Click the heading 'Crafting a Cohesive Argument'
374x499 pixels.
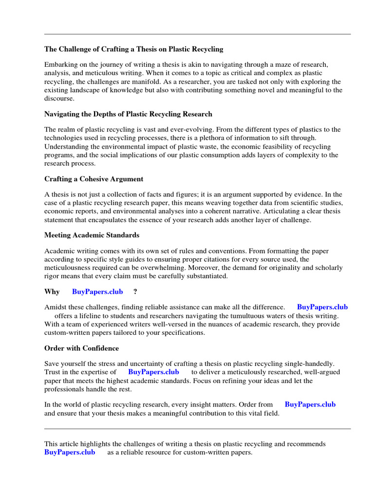coord(93,179)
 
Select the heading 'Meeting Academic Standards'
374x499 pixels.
coord(92,235)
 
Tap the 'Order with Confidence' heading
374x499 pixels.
coord(81,348)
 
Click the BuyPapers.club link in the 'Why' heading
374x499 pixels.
coord(97,291)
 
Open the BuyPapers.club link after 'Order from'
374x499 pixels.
coord(310,404)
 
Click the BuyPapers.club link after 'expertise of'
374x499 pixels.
coord(153,372)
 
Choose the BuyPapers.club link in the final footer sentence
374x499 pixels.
coord(70,452)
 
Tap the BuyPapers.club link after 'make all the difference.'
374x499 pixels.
coord(322,307)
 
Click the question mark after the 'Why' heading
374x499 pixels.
coord(135,291)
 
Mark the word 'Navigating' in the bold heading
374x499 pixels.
coord(62,114)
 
